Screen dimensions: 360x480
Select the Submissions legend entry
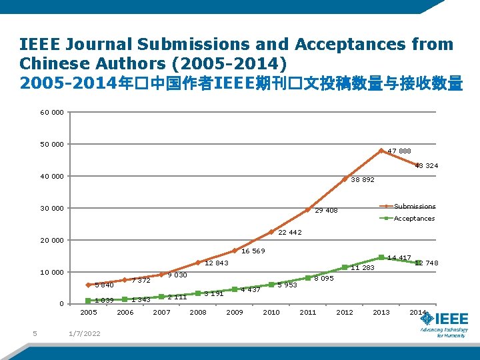(414, 207)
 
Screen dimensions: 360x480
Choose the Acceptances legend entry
(414, 219)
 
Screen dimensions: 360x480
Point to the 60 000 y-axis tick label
(52, 112)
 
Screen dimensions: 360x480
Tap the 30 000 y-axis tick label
(52, 208)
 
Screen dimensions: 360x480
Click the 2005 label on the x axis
(89, 313)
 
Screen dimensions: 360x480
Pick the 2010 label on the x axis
(271, 313)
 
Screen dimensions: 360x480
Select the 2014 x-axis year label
(418, 313)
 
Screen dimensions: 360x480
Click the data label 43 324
(427, 165)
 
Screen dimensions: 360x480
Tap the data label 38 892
(363, 180)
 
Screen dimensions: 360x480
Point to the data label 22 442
(290, 233)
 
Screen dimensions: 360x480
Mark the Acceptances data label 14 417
(399, 258)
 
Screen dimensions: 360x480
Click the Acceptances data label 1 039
(103, 300)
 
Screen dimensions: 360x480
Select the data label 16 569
(253, 251)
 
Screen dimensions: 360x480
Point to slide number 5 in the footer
(34, 334)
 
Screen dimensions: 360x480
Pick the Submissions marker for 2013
(381, 151)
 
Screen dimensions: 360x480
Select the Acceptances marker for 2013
(381, 257)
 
